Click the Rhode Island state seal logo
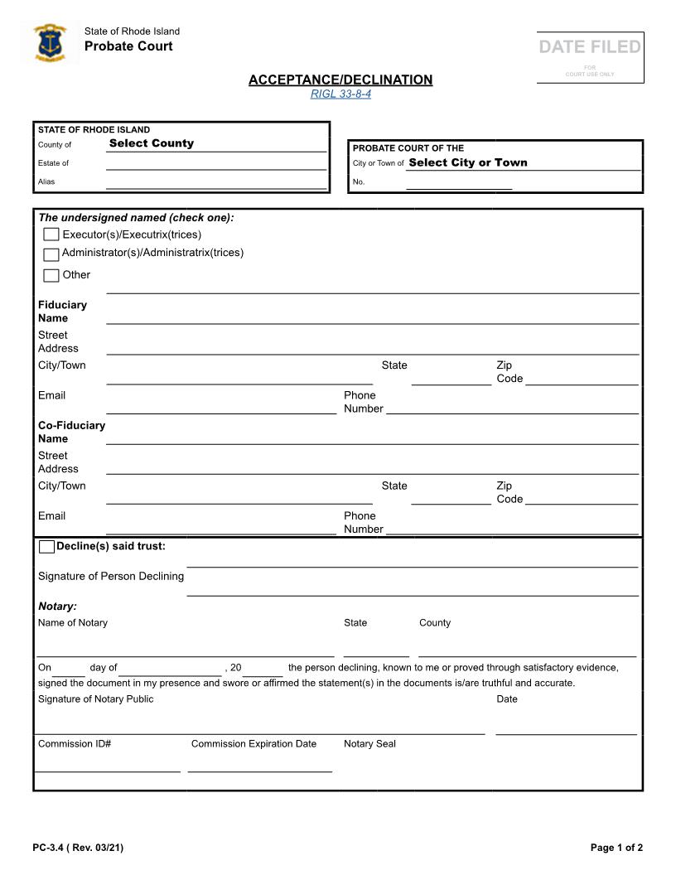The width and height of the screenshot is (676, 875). tap(50, 43)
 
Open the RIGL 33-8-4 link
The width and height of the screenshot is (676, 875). tap(340, 94)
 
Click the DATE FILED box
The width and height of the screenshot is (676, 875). tap(590, 56)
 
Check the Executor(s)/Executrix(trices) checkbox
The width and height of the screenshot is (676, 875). tap(51, 235)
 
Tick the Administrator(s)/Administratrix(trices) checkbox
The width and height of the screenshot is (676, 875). tap(51, 254)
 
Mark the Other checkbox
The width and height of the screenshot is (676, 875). tap(51, 276)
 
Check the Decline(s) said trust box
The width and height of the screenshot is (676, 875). tap(47, 547)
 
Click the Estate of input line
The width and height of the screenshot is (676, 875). tap(215, 164)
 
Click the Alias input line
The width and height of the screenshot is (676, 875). tap(215, 183)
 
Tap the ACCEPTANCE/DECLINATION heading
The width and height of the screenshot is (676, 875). tap(340, 80)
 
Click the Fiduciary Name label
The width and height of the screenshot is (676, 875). tap(62, 311)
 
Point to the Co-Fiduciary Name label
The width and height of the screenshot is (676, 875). tap(71, 432)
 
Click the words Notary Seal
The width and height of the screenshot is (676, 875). tap(369, 744)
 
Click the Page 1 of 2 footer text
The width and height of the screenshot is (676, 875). tap(616, 847)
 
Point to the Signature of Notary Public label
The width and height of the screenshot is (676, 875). tap(95, 699)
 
